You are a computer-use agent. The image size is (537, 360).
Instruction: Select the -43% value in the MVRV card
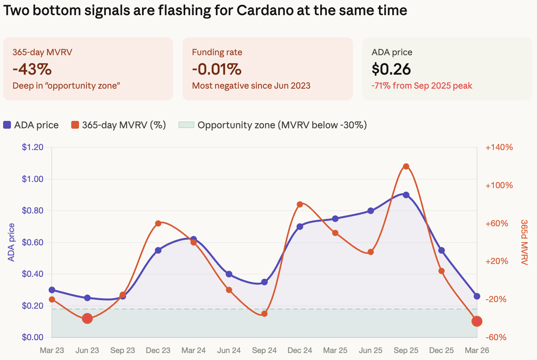(32, 69)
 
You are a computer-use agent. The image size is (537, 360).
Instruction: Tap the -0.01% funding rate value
(217, 69)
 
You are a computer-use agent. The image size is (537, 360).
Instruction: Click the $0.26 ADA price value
(391, 69)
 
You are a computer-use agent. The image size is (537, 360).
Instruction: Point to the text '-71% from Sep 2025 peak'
(422, 86)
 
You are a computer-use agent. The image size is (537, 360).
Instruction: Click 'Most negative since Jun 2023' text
(251, 86)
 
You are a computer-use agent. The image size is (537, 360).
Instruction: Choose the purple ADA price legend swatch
(7, 125)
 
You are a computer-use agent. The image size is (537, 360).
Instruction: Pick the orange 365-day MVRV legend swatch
(75, 125)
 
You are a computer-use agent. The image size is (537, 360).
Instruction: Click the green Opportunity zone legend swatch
(186, 125)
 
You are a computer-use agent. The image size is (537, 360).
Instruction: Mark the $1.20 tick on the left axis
(32, 147)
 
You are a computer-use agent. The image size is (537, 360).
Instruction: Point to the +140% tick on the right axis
(499, 147)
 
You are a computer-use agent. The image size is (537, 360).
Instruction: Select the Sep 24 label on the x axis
(264, 350)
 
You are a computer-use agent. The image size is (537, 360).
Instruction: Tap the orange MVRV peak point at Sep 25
(406, 166)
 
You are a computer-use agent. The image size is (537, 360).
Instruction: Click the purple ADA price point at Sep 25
(406, 195)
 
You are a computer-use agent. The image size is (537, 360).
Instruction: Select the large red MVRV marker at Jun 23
(87, 318)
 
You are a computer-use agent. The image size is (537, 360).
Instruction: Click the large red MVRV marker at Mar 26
(477, 321)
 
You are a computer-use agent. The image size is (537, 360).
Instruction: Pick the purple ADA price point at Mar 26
(477, 296)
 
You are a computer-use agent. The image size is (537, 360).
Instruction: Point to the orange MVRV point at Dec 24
(300, 204)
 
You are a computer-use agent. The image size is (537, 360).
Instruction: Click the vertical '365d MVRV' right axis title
(524, 242)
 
